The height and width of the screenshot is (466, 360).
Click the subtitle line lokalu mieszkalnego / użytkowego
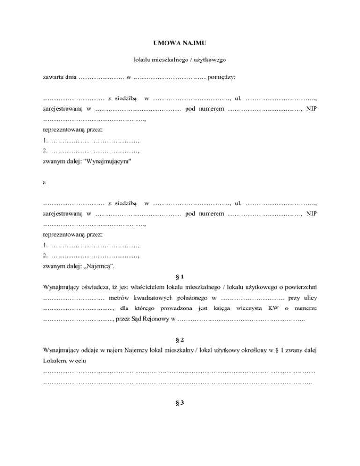pyautogui.click(x=180, y=60)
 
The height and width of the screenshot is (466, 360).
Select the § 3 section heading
pyautogui.click(x=180, y=407)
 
